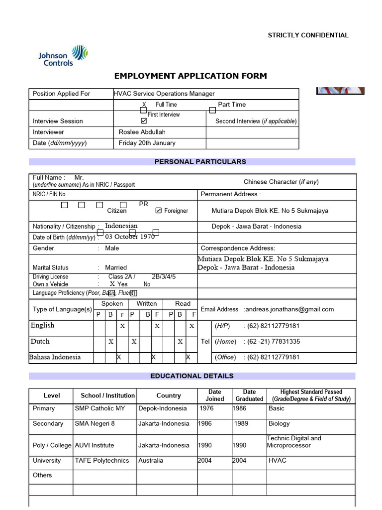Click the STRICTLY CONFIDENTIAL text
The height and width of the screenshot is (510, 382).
[308, 35]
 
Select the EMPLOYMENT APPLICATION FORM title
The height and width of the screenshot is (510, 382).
[191, 76]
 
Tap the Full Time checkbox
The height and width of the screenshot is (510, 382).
[143, 110]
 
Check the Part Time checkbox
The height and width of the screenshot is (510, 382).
[212, 110]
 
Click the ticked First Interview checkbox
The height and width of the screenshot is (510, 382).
[144, 121]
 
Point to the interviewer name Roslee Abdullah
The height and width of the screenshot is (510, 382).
[142, 132]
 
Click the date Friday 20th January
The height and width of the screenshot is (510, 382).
[147, 143]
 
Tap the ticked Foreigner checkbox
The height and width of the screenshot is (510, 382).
[159, 211]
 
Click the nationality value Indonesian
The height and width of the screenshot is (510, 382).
[121, 226]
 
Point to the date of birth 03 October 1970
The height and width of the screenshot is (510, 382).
[130, 237]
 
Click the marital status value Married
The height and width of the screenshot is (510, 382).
[116, 267]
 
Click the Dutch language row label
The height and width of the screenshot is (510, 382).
[40, 342]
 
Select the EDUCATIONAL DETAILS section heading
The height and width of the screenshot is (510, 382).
[192, 376]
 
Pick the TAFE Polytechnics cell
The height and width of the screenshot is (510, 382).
[101, 461]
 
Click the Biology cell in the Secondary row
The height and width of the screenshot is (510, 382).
[279, 424]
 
